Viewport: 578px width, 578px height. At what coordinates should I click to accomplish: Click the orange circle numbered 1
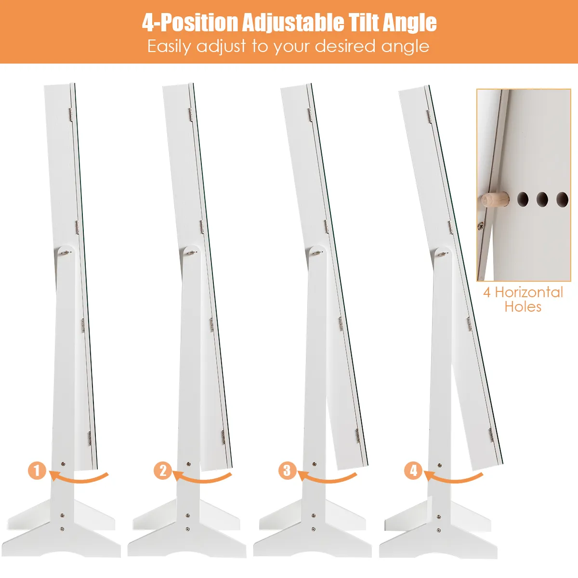(37, 470)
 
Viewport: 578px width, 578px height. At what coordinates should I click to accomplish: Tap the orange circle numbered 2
(163, 470)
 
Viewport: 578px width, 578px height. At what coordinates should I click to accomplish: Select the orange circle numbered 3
(288, 470)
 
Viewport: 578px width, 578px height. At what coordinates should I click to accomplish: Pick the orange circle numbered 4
(413, 470)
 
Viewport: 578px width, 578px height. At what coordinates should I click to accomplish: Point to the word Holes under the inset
(523, 306)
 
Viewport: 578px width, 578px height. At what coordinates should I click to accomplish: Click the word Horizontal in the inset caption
(529, 292)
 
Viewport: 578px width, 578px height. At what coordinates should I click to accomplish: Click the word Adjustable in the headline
(293, 23)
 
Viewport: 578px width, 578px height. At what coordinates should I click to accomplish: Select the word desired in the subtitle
(345, 46)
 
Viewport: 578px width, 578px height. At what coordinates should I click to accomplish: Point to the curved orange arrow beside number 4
(453, 477)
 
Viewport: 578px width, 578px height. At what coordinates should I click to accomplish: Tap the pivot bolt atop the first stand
(66, 252)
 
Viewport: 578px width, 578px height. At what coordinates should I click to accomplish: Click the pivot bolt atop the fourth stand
(443, 254)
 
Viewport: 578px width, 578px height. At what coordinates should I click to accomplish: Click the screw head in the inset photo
(481, 225)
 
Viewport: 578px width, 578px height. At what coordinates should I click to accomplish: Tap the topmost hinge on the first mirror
(71, 115)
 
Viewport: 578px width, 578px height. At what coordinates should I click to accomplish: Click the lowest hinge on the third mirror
(357, 436)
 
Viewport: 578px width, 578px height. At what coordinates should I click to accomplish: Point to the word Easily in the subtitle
(169, 47)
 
